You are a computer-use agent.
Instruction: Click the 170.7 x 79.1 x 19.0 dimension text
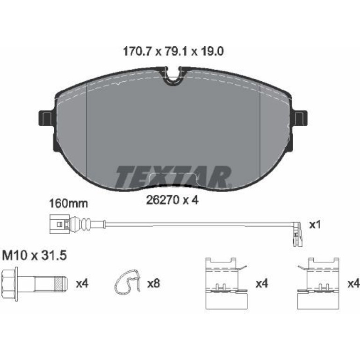point(173,51)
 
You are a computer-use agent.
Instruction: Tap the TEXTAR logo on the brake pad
point(173,176)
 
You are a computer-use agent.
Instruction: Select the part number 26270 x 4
point(172,201)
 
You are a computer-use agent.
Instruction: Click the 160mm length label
point(69,204)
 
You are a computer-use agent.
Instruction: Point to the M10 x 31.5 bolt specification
point(34,256)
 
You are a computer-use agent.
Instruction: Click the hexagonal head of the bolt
point(9,284)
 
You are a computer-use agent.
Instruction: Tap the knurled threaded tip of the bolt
point(61,284)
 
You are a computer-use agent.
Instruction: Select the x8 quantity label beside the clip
point(154,284)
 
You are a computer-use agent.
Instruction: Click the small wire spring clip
point(128,282)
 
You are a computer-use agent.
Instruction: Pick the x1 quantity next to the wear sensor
point(315,225)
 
